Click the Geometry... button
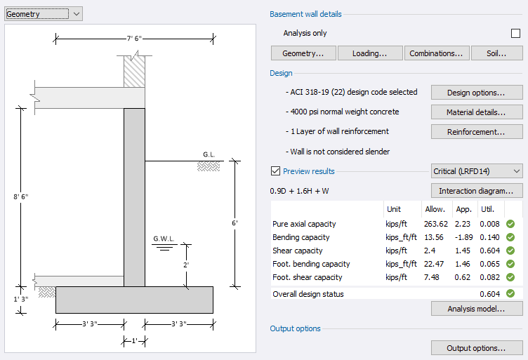[x=303, y=53]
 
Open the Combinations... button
[x=436, y=53]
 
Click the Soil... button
[x=497, y=53]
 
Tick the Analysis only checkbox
[x=515, y=33]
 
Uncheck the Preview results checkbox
[x=276, y=171]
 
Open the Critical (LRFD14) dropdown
[x=477, y=171]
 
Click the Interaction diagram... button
[x=477, y=191]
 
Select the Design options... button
[x=477, y=93]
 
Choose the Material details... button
[x=477, y=112]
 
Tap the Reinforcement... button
[x=477, y=132]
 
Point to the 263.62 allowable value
[x=435, y=224]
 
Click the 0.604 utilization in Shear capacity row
[x=489, y=251]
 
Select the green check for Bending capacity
[x=510, y=237]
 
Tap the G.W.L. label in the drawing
[x=163, y=239]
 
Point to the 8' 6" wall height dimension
[x=20, y=196]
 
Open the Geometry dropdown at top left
[x=44, y=13]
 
